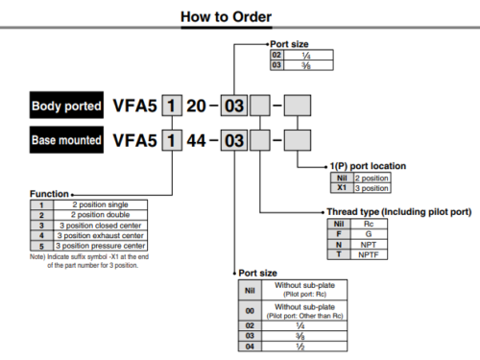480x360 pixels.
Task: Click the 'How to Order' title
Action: pos(239,17)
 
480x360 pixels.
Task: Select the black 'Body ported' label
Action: pos(70,105)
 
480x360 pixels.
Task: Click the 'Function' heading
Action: pos(48,193)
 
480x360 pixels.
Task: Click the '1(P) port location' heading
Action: pos(371,166)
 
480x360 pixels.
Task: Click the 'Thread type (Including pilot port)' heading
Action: pos(390,212)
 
